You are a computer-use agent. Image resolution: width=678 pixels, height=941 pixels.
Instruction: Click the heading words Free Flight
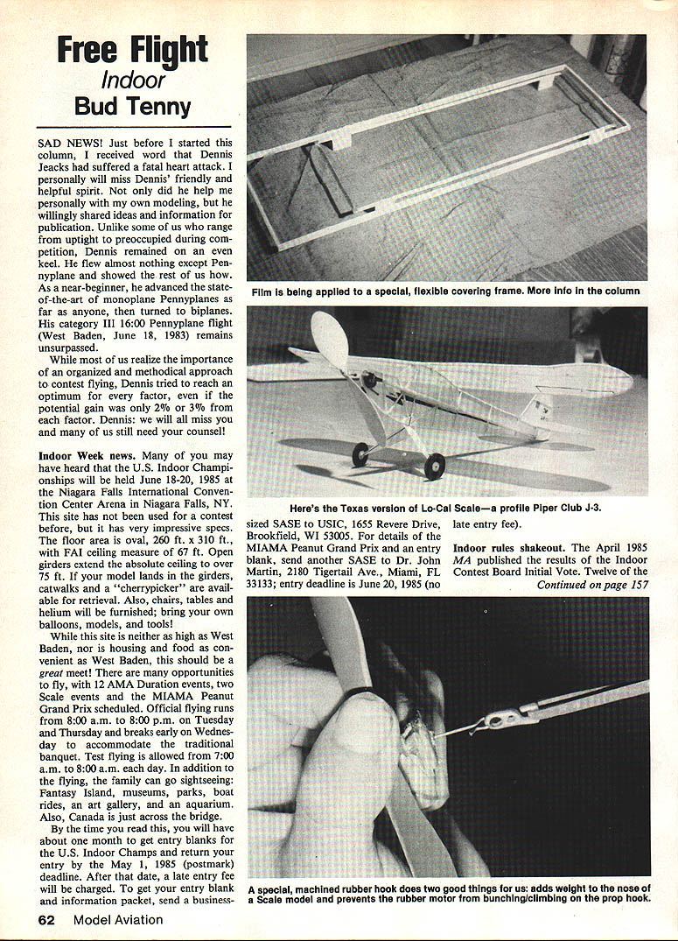[x=132, y=51]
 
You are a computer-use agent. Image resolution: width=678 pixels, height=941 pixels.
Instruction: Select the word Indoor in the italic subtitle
[x=133, y=81]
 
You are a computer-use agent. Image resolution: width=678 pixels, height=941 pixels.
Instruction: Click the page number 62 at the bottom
[x=46, y=919]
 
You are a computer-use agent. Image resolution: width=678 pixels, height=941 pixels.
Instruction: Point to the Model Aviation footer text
[x=118, y=919]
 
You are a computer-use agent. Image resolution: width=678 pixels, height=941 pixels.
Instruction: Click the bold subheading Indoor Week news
[x=87, y=456]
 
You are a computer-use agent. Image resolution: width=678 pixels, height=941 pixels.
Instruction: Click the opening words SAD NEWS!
[x=69, y=142]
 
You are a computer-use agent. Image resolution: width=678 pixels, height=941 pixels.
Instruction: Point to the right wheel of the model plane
[x=434, y=466]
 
